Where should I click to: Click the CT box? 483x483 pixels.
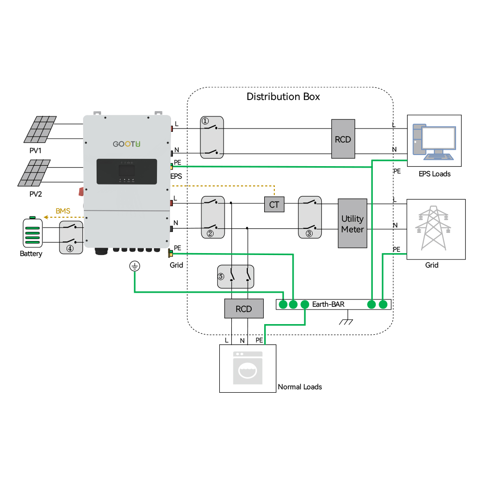pyautogui.click(x=274, y=204)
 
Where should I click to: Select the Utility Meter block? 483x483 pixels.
pyautogui.click(x=353, y=223)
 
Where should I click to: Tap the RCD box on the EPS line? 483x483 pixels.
pyautogui.click(x=343, y=139)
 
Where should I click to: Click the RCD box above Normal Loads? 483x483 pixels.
pyautogui.click(x=243, y=308)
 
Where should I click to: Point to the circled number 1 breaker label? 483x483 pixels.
pyautogui.click(x=205, y=121)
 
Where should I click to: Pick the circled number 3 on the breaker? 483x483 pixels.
pyautogui.click(x=309, y=233)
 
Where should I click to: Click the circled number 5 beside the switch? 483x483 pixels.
pyautogui.click(x=221, y=276)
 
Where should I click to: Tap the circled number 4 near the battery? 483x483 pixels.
pyautogui.click(x=70, y=248)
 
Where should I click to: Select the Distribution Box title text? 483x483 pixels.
pyautogui.click(x=283, y=97)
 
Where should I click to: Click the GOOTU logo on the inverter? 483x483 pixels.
pyautogui.click(x=126, y=144)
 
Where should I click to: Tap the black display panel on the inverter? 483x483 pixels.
pyautogui.click(x=127, y=171)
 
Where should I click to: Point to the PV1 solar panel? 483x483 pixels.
pyautogui.click(x=40, y=129)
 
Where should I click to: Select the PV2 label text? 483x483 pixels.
pyautogui.click(x=35, y=194)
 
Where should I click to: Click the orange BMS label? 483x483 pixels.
pyautogui.click(x=63, y=211)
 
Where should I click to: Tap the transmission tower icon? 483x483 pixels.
pyautogui.click(x=433, y=228)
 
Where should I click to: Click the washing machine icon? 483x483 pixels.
pyautogui.click(x=248, y=368)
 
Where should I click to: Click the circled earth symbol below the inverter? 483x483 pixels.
pyautogui.click(x=135, y=266)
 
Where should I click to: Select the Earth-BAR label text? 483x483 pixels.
pyautogui.click(x=328, y=304)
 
